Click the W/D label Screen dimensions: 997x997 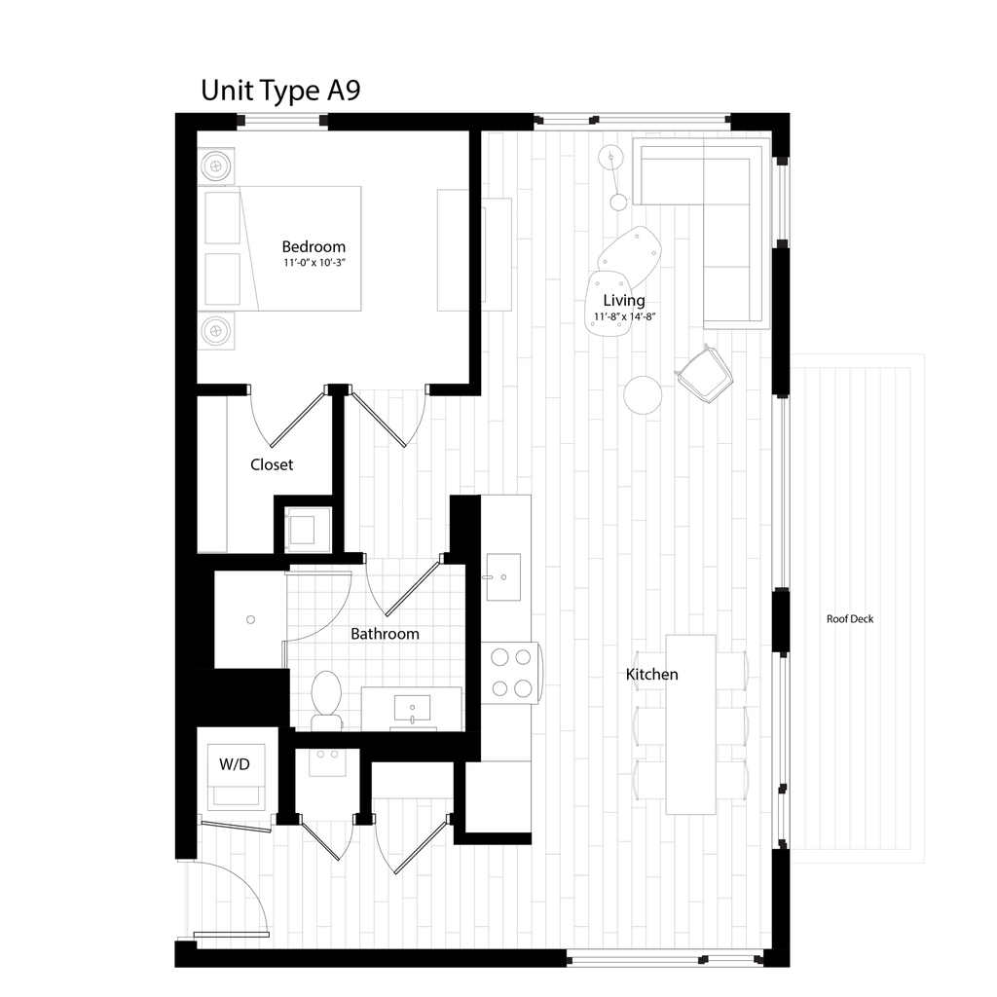[234, 765]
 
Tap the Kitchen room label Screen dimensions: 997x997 [652, 675]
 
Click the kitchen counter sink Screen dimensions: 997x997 [503, 576]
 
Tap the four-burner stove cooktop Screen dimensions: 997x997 [511, 673]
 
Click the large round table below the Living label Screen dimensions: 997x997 [644, 395]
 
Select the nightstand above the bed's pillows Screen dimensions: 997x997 [218, 166]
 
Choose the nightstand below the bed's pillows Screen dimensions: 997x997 [218, 331]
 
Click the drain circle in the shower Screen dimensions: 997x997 [250, 619]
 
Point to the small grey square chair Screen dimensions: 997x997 [308, 530]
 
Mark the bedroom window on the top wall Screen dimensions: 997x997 [282, 122]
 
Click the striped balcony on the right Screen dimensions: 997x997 [857, 609]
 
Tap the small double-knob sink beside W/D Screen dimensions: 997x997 [328, 761]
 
